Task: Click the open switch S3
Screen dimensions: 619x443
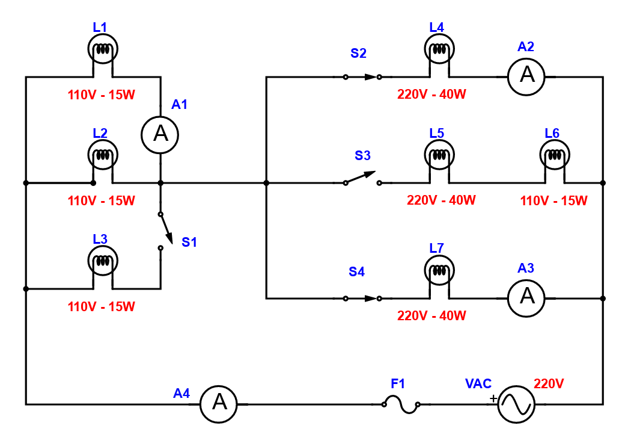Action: (362, 178)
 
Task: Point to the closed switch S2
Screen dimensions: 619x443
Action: (362, 76)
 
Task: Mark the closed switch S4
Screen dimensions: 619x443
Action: (362, 298)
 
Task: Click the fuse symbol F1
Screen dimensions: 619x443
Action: (401, 404)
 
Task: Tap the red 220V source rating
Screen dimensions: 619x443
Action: (549, 383)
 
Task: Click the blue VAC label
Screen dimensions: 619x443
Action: (478, 383)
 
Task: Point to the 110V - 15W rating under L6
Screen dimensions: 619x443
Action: (553, 200)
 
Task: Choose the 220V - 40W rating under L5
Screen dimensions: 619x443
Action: (441, 200)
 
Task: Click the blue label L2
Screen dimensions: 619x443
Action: (100, 133)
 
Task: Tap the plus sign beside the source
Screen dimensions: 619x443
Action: (493, 398)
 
